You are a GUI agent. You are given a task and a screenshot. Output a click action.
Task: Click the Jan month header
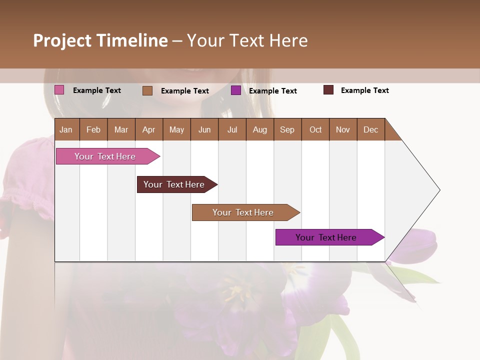(66, 129)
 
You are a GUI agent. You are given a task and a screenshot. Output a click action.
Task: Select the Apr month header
(148, 129)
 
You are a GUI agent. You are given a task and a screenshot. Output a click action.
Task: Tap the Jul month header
(232, 129)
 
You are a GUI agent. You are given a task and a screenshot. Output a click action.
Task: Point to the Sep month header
(287, 129)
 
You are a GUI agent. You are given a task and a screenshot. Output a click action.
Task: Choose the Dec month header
(370, 129)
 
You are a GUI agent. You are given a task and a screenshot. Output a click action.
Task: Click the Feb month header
(93, 129)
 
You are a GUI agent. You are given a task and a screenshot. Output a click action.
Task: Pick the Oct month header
(315, 129)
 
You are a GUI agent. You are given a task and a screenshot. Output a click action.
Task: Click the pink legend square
(59, 90)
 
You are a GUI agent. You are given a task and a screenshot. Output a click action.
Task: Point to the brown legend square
(147, 90)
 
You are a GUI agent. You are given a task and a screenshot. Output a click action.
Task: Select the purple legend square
(236, 90)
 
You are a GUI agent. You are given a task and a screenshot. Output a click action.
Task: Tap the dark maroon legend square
(328, 90)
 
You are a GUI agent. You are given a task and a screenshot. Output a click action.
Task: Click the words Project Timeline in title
(100, 40)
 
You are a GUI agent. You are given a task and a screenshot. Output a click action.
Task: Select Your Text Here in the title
(247, 40)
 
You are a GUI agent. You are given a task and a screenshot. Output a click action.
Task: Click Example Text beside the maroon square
(364, 90)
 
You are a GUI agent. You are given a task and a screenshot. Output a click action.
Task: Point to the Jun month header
(204, 129)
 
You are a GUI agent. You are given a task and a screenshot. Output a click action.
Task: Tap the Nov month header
(343, 129)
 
